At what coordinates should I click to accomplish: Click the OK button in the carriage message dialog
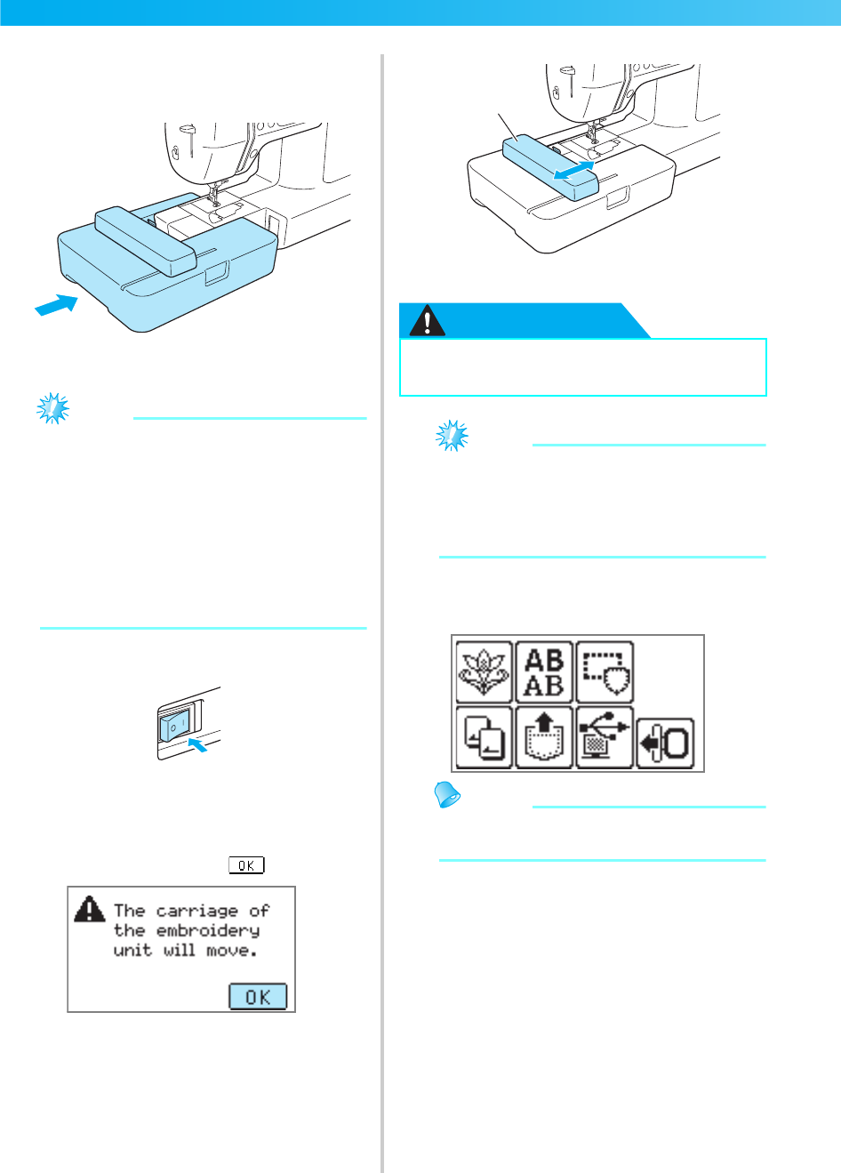258,997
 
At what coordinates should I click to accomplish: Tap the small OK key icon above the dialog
246,865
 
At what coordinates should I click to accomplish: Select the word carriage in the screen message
196,911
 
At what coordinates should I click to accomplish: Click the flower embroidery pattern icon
485,671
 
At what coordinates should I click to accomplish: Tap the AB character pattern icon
544,671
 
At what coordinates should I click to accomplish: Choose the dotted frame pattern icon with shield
605,671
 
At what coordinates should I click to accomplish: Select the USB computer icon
605,737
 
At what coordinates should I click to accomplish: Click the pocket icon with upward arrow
544,737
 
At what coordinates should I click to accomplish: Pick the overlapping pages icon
485,737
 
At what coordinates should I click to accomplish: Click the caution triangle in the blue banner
427,321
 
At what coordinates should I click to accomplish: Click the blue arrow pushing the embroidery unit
55,304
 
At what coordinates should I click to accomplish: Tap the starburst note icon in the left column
52,409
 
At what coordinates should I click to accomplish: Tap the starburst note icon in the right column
452,436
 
